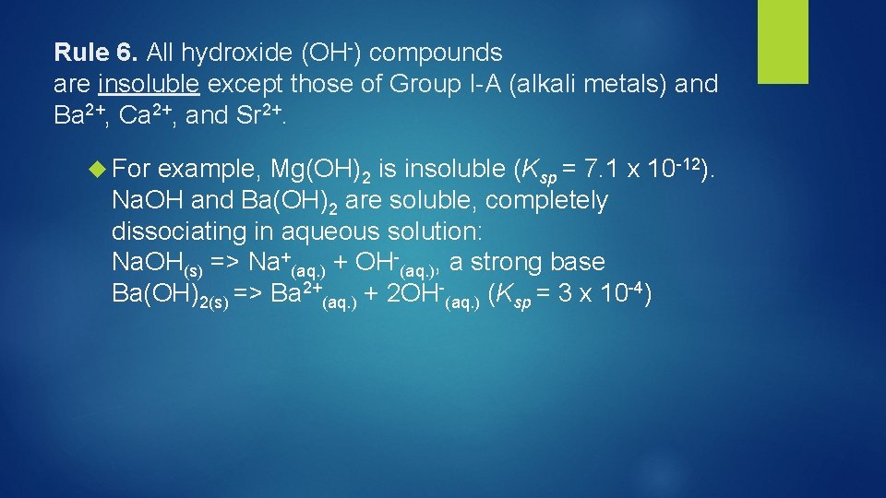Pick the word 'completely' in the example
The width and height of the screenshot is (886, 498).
[546, 201]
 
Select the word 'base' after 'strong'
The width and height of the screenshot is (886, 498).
[577, 262]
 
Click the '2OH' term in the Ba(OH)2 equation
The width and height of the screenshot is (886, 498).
[422, 294]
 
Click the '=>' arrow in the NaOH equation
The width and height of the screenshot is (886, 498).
[226, 263]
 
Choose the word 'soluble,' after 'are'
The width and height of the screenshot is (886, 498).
[429, 201]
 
